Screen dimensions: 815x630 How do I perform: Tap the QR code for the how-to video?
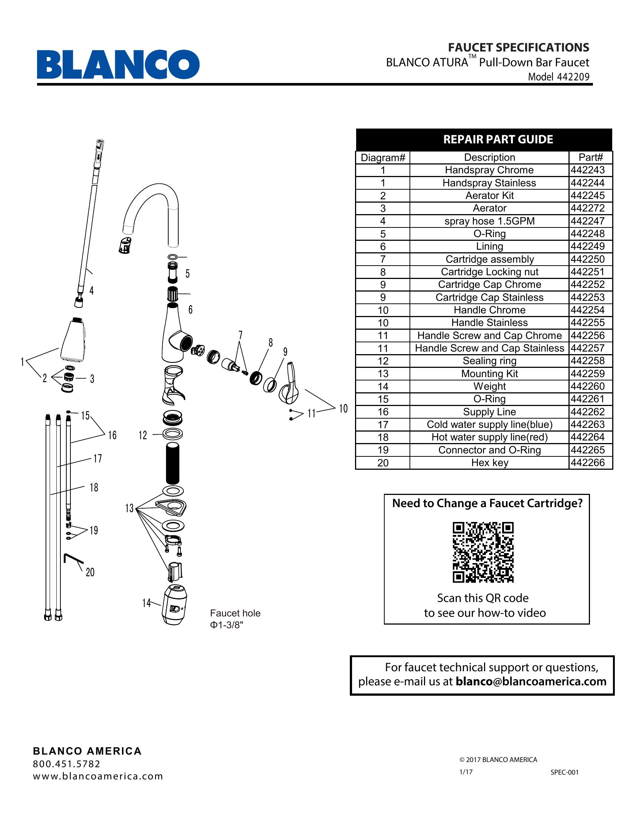tap(483, 552)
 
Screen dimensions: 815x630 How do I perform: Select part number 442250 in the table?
tap(587, 259)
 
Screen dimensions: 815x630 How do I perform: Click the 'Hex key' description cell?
tap(489, 463)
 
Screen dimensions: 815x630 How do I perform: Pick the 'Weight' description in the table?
tap(489, 386)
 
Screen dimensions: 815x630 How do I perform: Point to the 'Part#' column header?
tap(590, 157)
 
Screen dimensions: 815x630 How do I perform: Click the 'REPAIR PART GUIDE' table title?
tap(498, 140)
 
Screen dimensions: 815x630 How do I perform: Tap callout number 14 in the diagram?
tap(146, 603)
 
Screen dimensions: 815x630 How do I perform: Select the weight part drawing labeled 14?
tap(174, 605)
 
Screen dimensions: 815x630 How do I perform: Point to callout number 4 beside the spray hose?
tap(92, 290)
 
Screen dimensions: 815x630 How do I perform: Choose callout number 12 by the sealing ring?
tap(143, 435)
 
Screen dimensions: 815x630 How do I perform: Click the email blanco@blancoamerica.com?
tap(531, 681)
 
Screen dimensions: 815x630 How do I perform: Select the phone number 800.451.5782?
tap(66, 764)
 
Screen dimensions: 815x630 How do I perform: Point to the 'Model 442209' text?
tap(558, 77)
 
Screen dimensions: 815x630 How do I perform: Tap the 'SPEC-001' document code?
tap(564, 772)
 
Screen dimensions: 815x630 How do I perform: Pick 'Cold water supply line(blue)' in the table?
tap(489, 425)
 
